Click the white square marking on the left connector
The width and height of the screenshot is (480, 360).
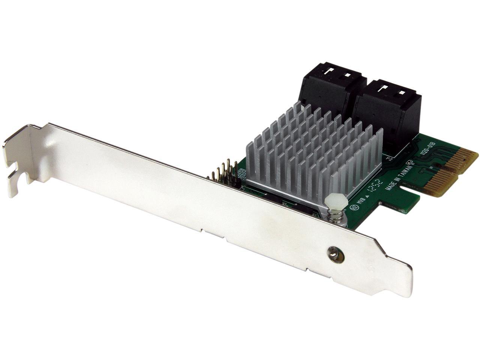(347, 75)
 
